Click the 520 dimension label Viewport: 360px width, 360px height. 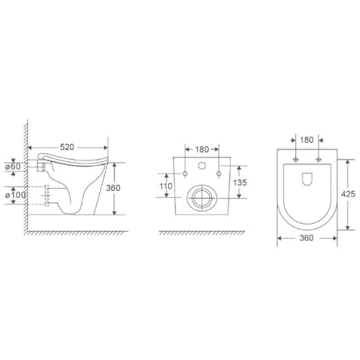[x=67, y=147]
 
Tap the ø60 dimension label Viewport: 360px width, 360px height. [x=13, y=167]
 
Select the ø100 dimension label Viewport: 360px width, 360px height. [x=15, y=195]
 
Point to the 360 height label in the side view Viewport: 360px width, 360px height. [x=113, y=188]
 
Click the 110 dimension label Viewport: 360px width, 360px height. [x=166, y=186]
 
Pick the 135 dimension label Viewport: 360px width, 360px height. [x=239, y=182]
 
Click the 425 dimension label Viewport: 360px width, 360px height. [x=348, y=194]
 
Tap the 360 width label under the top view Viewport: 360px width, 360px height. [x=307, y=238]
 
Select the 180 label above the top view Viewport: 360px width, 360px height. [x=307, y=140]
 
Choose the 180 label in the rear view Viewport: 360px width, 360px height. [x=202, y=149]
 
